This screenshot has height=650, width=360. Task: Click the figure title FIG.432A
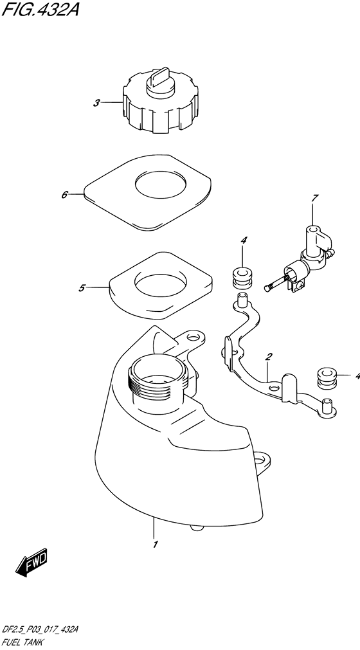(40, 9)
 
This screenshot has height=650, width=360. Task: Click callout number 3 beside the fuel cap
(96, 103)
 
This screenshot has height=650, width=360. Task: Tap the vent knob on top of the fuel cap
(158, 80)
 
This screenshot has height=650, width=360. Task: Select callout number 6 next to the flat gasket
(65, 194)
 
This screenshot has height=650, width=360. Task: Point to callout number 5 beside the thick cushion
(82, 287)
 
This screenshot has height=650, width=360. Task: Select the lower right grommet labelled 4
(327, 377)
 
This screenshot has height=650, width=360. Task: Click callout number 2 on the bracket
(269, 356)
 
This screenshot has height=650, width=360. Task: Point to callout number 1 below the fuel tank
(155, 545)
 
